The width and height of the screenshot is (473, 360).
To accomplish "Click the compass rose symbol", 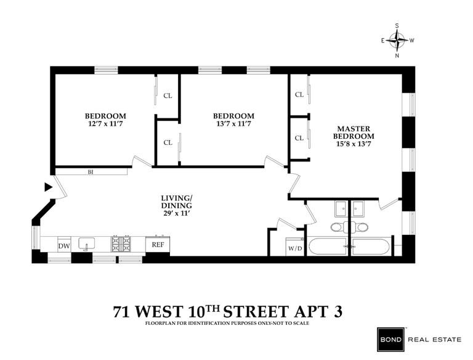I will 397,41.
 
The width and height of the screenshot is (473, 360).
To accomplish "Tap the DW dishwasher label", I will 64,246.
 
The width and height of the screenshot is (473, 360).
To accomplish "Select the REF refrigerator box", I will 158,244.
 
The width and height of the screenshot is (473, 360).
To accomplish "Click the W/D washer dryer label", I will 295,248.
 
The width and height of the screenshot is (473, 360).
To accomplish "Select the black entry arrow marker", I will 47,186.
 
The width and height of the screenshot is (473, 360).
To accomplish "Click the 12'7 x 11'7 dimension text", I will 105,124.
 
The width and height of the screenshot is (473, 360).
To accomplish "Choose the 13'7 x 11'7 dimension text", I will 233,124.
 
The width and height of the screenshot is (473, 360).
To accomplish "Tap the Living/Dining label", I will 176,202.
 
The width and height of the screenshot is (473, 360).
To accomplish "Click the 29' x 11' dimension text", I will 176,213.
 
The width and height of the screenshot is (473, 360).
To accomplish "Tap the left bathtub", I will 328,247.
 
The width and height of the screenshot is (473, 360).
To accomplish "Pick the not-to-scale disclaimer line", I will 227,323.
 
